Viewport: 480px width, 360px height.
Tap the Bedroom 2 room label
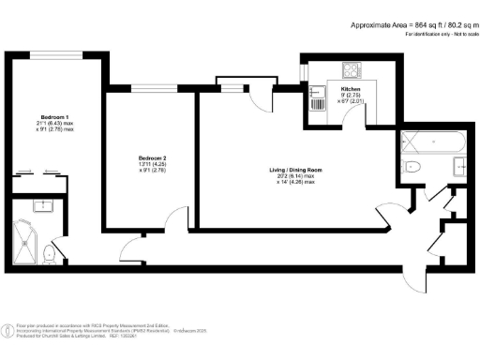152,157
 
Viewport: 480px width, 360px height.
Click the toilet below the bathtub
412,168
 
